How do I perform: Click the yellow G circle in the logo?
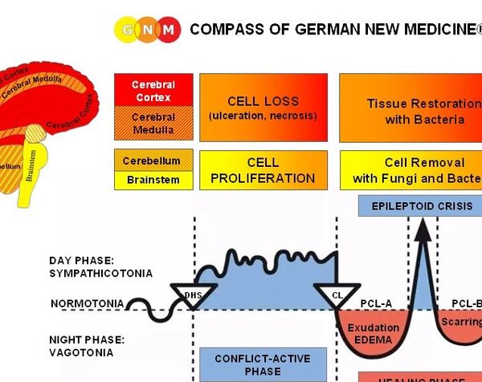point(127,30)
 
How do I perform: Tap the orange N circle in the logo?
point(147,30)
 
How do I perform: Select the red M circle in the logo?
point(168,30)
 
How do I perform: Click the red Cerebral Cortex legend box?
point(153,91)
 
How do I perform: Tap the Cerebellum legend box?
point(152,161)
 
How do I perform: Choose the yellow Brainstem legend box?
point(152,180)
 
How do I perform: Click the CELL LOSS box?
point(263,108)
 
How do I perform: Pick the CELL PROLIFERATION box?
point(263,169)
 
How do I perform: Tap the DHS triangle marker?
point(194,295)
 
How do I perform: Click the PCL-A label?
point(377,303)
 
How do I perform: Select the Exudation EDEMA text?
point(373,333)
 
